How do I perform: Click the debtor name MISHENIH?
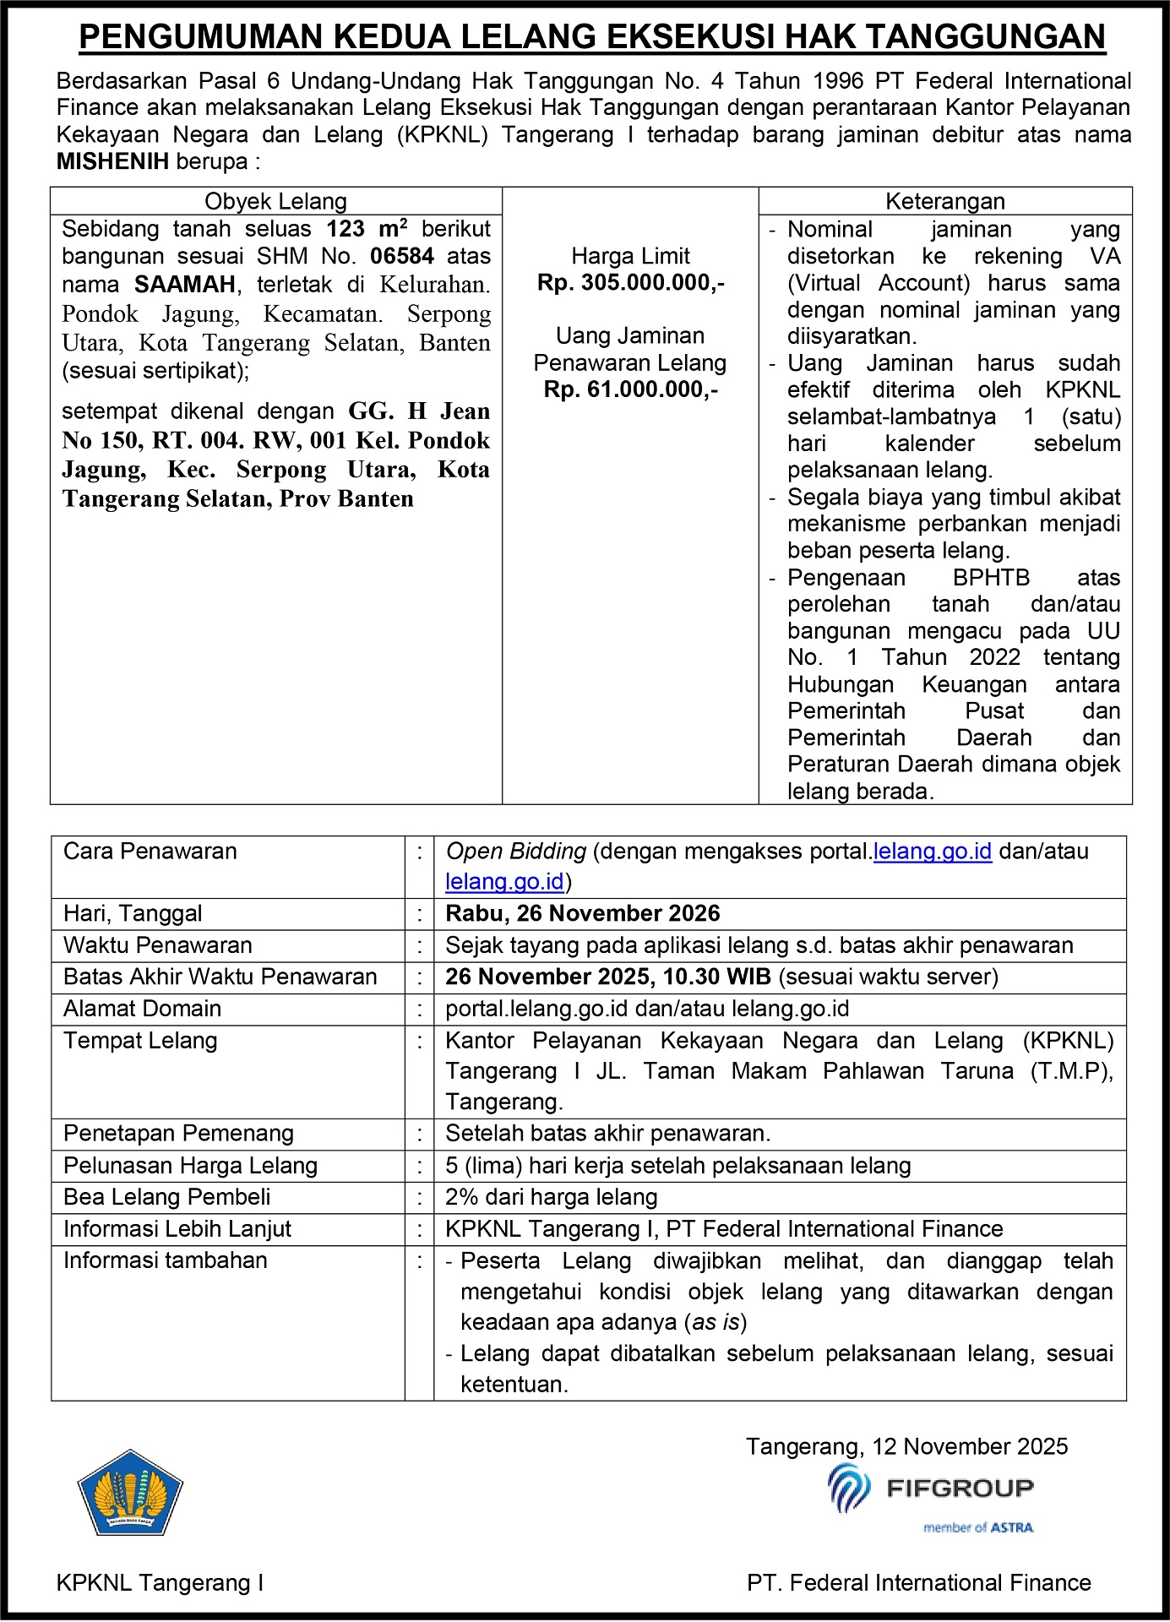point(112,161)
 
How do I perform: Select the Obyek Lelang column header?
point(275,201)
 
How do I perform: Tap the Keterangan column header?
point(944,201)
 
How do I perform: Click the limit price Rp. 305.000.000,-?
point(630,283)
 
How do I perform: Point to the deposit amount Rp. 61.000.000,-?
point(630,389)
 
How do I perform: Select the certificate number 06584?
point(402,256)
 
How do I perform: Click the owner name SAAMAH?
point(184,284)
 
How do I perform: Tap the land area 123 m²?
point(367,229)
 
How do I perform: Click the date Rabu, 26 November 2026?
point(582,913)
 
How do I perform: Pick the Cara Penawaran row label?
point(150,851)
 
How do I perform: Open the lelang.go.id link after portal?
point(932,851)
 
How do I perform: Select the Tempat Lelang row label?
point(140,1041)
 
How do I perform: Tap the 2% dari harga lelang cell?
point(551,1197)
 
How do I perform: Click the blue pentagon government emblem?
point(130,1494)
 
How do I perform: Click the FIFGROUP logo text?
point(959,1489)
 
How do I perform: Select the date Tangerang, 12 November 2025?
point(906,1446)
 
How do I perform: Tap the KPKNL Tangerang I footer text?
point(160,1583)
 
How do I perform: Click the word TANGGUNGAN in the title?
point(985,37)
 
